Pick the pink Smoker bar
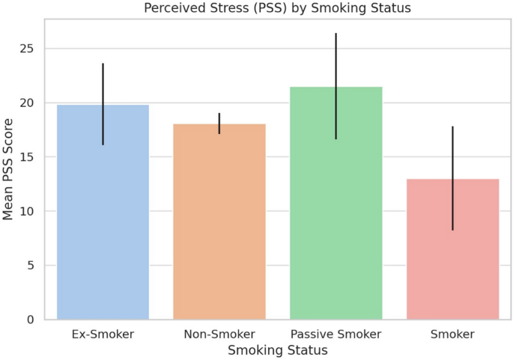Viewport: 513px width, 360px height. [452, 254]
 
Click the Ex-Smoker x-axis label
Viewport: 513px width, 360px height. [103, 335]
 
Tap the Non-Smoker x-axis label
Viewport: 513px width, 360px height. [219, 335]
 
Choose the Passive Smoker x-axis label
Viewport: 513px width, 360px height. [336, 335]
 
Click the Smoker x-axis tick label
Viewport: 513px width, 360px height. [452, 335]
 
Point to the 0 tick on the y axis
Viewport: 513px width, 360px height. [31, 320]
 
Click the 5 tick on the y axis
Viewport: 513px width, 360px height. [31, 266]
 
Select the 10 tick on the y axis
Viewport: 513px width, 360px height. [27, 211]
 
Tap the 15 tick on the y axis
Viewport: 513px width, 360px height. [27, 157]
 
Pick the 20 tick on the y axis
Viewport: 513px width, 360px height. [27, 103]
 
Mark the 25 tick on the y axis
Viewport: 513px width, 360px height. [27, 49]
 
